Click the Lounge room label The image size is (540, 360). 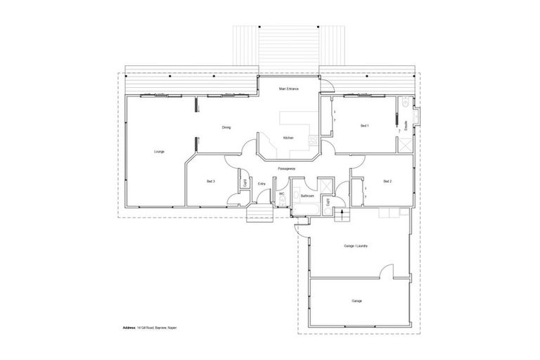(159, 152)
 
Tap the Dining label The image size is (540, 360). (226, 127)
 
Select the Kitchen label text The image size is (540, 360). (288, 138)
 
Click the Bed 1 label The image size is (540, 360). (364, 126)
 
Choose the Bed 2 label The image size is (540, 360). (387, 181)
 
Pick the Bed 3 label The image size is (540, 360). (210, 181)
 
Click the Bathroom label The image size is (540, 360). (307, 195)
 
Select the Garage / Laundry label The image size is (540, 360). (356, 246)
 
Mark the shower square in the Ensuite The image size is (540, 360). (404, 145)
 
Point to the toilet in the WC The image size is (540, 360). (282, 202)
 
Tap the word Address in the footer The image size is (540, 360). (128, 328)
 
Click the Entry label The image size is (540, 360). (262, 184)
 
